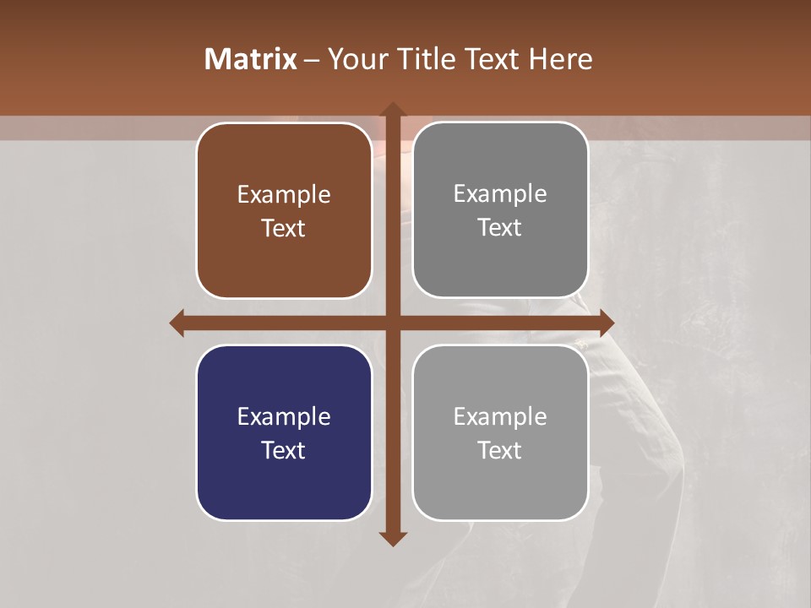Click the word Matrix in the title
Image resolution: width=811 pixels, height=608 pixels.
coord(250,59)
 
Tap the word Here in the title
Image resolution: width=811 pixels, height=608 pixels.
coord(562,59)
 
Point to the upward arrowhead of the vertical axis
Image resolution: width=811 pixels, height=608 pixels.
coord(392,109)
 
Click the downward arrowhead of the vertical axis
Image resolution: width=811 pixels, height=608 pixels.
coord(392,539)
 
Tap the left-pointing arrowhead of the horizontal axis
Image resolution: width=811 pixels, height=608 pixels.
coord(177,323)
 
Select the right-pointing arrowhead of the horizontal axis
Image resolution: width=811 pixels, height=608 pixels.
coord(607,323)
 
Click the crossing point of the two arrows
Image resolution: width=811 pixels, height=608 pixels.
coord(392,323)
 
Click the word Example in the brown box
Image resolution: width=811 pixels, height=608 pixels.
coord(284,195)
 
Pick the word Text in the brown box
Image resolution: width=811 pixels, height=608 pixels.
coord(284,228)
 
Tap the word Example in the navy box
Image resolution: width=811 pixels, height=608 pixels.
coord(284,416)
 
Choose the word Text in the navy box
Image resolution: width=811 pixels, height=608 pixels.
coord(284,450)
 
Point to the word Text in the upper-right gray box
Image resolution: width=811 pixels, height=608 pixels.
coord(500,228)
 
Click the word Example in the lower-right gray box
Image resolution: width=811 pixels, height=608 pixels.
coord(500,416)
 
